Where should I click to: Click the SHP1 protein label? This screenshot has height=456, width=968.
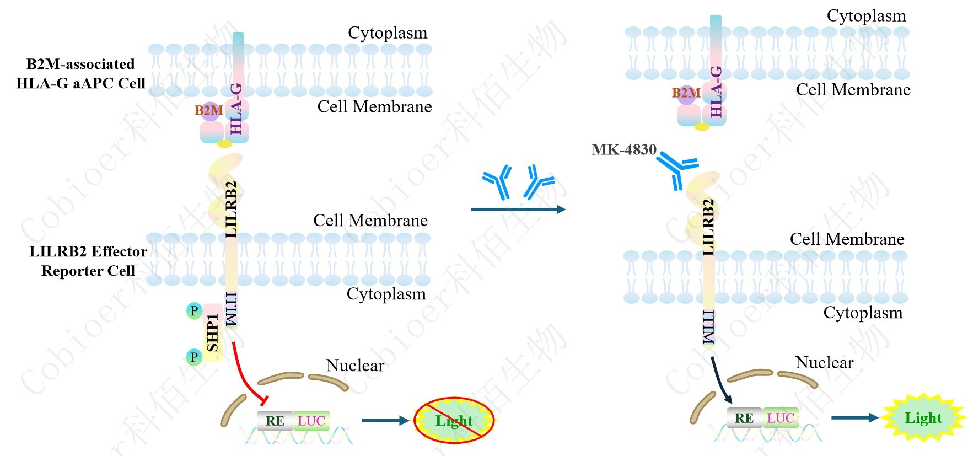(212, 332)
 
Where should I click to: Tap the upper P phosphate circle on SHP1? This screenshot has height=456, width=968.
(194, 311)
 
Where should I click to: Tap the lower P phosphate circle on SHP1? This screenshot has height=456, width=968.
(194, 357)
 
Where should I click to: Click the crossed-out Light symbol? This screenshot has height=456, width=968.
(454, 421)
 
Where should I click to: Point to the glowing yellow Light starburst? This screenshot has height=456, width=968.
(923, 418)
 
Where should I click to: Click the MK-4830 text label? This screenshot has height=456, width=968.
(624, 149)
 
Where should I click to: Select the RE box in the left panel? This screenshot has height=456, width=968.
(275, 421)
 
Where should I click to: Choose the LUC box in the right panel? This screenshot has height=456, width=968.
(781, 418)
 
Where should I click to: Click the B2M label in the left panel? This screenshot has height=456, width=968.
(209, 110)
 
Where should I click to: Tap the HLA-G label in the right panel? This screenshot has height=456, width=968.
(716, 92)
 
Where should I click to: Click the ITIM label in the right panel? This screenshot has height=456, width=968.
(709, 328)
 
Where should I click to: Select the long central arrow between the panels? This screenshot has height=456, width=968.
(518, 210)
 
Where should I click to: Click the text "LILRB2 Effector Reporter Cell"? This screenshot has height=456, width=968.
(88, 261)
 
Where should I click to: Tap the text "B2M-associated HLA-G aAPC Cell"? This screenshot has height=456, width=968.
(80, 73)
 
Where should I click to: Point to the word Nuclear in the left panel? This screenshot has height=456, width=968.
(355, 365)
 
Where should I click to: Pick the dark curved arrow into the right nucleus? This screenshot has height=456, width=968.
(720, 380)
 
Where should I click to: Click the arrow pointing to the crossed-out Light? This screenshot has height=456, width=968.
(385, 421)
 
